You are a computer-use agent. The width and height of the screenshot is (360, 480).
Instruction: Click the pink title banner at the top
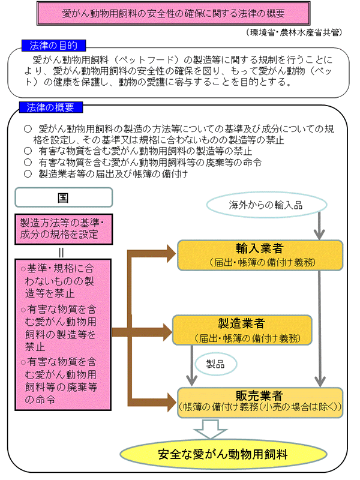[x=173, y=13]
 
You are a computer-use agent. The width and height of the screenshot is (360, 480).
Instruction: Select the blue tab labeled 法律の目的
[x=53, y=46]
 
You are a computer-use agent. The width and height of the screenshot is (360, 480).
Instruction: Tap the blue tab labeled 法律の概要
[x=51, y=107]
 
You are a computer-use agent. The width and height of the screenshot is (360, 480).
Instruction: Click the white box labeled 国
[x=64, y=197]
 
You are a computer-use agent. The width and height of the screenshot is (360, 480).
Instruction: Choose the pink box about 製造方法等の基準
[x=64, y=229]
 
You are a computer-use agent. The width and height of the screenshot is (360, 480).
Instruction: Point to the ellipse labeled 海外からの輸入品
[x=266, y=205]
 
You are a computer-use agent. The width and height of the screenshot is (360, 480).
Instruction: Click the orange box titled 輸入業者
[x=260, y=256]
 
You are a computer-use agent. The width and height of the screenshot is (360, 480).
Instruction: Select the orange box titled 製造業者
[x=242, y=330]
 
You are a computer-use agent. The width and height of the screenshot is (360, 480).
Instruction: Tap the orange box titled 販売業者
[x=260, y=403]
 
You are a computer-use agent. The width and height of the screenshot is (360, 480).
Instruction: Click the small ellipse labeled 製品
[x=216, y=364]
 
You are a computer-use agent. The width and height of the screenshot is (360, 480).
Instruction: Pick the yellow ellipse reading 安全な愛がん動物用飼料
[x=223, y=454]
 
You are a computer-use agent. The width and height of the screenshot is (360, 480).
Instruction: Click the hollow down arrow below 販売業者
[x=210, y=429]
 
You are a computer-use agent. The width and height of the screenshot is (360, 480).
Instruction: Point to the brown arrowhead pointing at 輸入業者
[x=171, y=254]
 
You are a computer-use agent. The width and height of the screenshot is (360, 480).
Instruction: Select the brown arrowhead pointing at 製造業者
[x=167, y=332]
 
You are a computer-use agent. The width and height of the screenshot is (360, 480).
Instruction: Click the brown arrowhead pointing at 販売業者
[x=172, y=402]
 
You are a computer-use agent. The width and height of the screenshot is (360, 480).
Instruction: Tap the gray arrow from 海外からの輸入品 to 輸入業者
[x=319, y=226]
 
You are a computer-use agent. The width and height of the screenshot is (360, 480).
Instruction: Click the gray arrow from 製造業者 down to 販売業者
[x=192, y=365]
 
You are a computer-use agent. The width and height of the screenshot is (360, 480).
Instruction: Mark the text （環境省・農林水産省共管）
[x=294, y=32]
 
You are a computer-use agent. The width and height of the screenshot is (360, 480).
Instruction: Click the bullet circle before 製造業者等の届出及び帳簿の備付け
[x=28, y=174]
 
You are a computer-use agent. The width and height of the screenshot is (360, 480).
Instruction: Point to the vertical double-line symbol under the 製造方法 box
[x=61, y=253]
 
